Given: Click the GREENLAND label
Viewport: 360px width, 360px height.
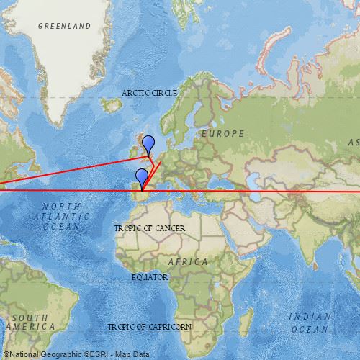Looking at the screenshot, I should tap(65, 26).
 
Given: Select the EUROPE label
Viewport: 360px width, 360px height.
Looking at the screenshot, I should tap(222, 133).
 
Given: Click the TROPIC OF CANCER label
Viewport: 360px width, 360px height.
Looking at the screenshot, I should tap(150, 228).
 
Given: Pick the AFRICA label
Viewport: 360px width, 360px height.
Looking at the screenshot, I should tap(188, 261).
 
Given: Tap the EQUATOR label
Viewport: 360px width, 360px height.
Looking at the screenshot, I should tap(150, 277).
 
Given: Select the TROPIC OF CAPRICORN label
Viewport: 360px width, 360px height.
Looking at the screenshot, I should tap(150, 327).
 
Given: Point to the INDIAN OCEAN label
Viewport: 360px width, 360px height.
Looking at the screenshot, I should tap(310, 322).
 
